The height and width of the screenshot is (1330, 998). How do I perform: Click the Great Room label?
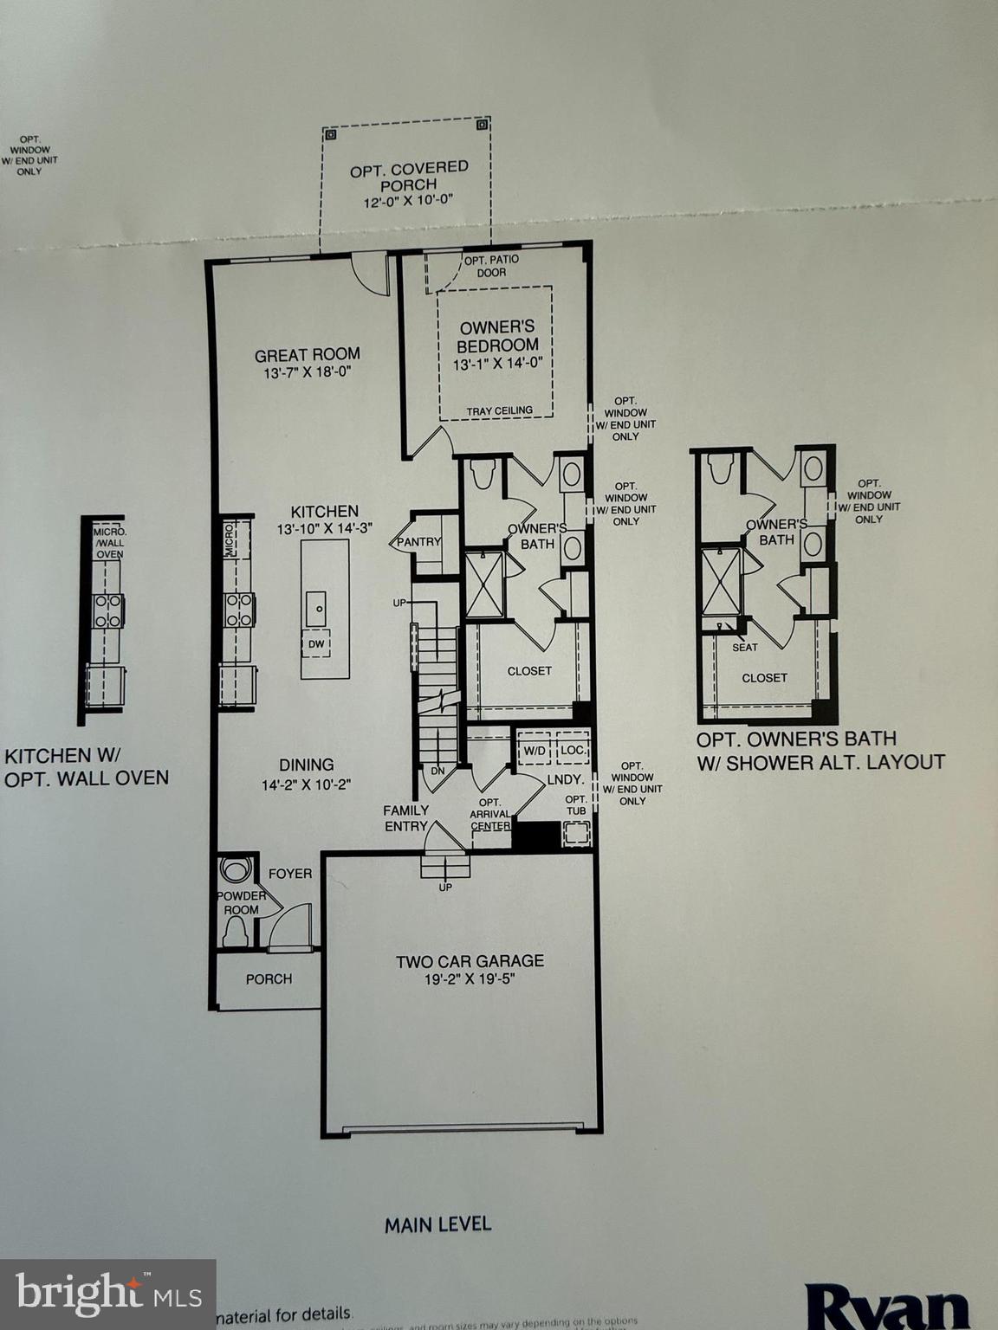click(307, 354)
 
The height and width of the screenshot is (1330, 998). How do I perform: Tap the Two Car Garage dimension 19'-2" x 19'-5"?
click(470, 978)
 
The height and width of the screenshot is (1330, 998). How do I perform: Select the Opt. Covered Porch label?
click(409, 176)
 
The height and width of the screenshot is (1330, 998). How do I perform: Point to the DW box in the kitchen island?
click(316, 643)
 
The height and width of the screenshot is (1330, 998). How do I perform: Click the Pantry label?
click(419, 542)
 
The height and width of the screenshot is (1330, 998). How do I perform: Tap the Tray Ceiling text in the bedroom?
click(499, 410)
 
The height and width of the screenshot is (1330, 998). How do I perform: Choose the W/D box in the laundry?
click(534, 750)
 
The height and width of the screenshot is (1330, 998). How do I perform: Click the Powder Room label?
click(241, 902)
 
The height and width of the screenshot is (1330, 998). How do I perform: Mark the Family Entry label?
click(406, 817)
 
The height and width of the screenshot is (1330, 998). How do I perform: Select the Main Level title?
click(437, 1223)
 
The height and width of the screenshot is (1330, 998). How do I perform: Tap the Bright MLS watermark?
click(107, 1294)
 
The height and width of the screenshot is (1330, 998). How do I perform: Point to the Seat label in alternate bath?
click(744, 647)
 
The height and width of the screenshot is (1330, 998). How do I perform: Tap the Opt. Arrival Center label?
click(490, 814)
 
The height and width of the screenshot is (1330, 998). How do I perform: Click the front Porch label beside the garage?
click(269, 978)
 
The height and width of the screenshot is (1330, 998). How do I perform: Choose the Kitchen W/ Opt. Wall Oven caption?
click(87, 767)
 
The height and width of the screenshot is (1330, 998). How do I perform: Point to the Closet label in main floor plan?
click(529, 670)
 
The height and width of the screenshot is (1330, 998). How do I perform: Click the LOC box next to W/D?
click(572, 750)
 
